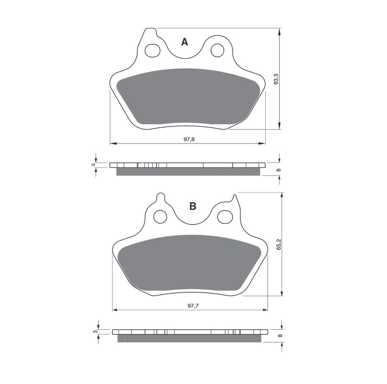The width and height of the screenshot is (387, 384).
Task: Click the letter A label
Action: click(184, 42)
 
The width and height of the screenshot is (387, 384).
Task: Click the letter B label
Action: click(193, 206)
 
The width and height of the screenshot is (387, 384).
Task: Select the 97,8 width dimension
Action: click(189, 139)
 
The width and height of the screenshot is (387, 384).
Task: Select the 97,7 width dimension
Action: click(193, 306)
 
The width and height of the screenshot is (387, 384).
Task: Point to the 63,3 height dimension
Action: click(276, 79)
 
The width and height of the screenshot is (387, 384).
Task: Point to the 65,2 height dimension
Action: click(279, 244)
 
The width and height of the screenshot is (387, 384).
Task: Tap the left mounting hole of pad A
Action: click(152, 51)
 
